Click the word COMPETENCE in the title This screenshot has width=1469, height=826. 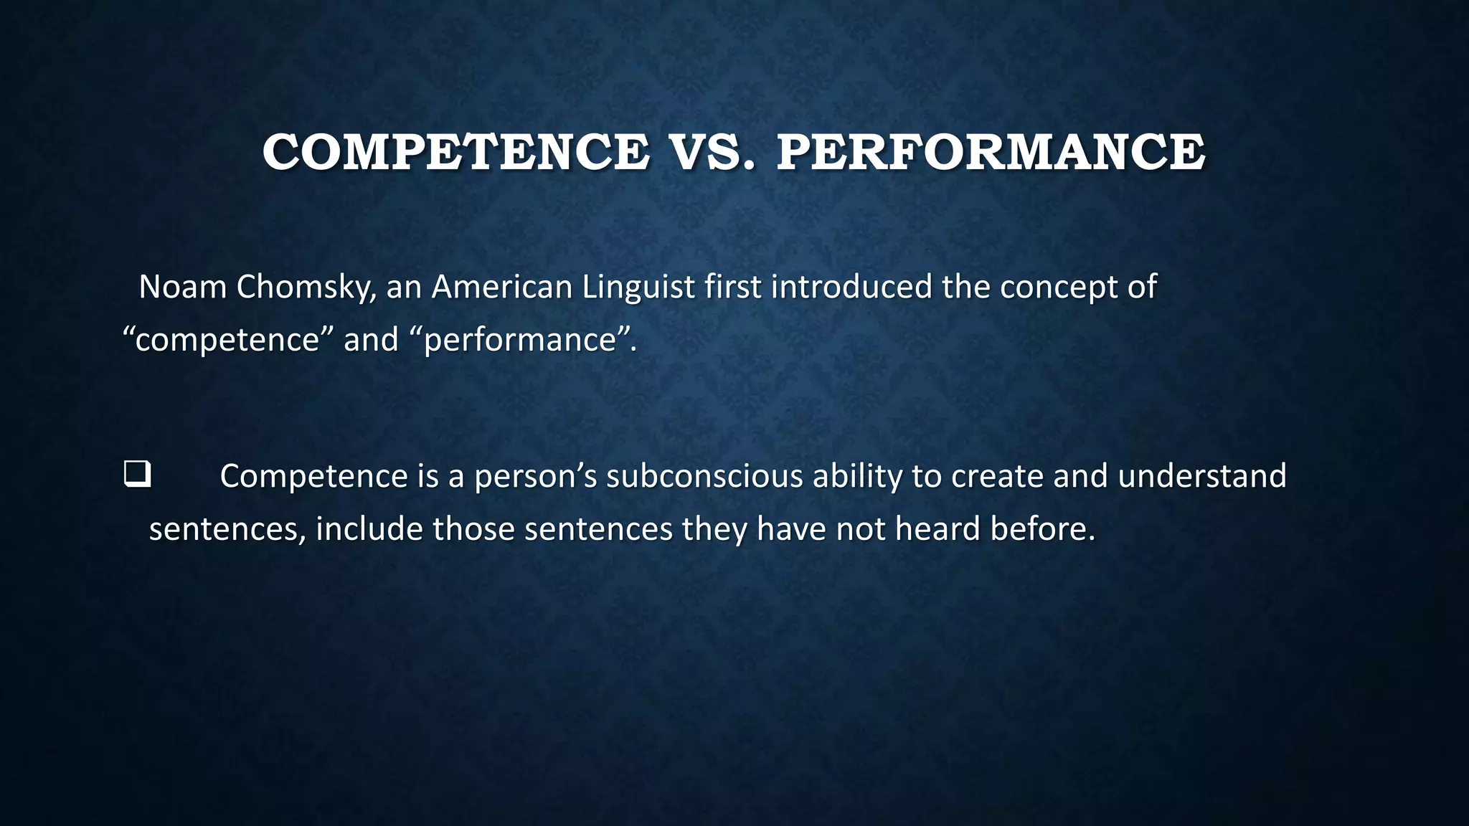coord(455,152)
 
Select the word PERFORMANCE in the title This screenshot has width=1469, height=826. coord(991,152)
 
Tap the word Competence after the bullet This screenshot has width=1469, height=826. coord(313,476)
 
